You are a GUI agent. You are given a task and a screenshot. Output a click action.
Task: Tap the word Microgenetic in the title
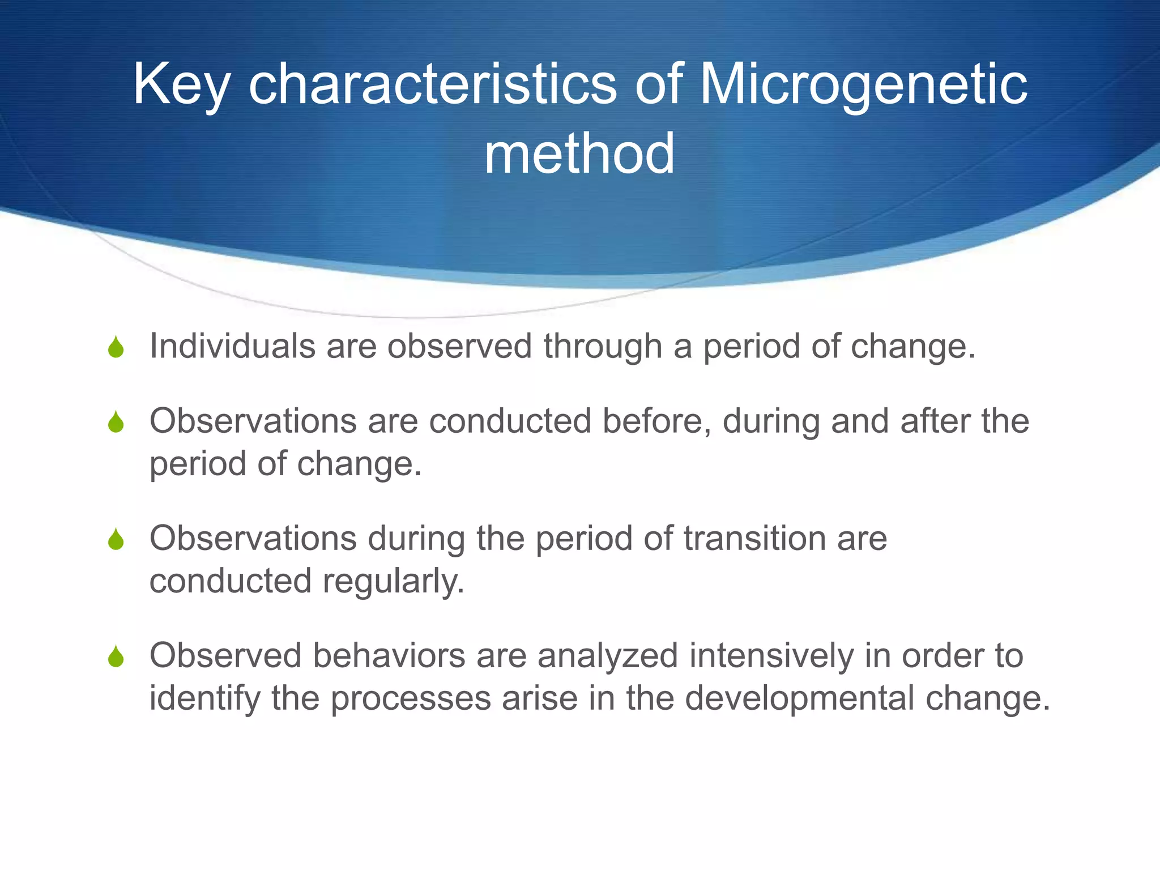click(863, 85)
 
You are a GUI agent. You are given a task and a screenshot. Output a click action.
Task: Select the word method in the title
click(579, 154)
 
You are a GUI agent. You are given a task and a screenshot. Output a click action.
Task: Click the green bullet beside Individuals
click(116, 347)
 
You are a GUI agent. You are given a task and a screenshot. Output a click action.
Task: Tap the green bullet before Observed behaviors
click(116, 656)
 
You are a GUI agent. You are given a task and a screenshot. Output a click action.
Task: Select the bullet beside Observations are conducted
click(116, 422)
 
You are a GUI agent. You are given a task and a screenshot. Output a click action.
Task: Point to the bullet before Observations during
click(116, 539)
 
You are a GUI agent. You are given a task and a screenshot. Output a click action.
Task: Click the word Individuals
click(232, 346)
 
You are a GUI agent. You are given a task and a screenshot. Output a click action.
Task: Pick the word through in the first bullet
click(603, 347)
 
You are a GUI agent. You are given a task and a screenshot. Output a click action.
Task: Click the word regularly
click(393, 582)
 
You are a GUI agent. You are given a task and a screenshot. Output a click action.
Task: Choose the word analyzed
click(607, 656)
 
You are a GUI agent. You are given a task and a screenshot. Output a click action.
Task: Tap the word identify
click(204, 699)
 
